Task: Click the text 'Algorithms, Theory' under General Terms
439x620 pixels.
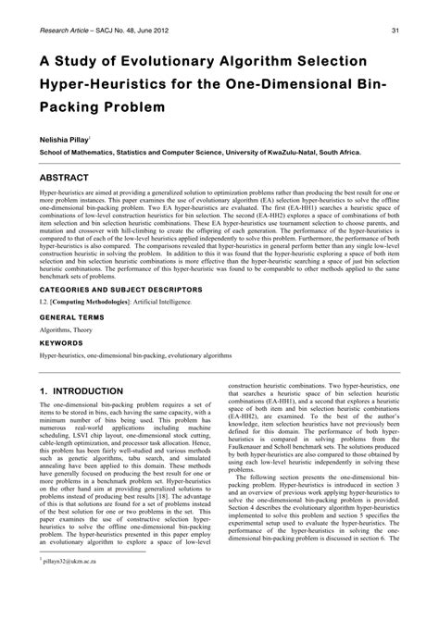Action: tap(69, 329)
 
